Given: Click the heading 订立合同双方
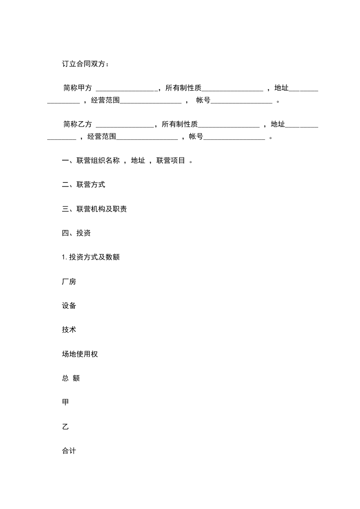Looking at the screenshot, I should [85, 64].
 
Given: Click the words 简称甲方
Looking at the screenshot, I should [78, 88].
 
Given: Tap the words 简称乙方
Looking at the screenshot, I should [78, 124].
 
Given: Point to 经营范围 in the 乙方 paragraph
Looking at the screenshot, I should [102, 136].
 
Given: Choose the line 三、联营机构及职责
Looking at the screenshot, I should [94, 209].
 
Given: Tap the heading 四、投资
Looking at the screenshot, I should [76, 233].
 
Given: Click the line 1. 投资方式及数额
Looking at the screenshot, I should [91, 257].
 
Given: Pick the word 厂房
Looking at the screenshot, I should [69, 282].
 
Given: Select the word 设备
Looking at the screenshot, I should [69, 306].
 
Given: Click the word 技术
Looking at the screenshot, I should [69, 330].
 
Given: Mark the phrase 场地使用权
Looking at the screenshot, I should [80, 354].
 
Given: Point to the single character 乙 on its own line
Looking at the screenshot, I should [65, 427].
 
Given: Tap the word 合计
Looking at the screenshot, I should [69, 451].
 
